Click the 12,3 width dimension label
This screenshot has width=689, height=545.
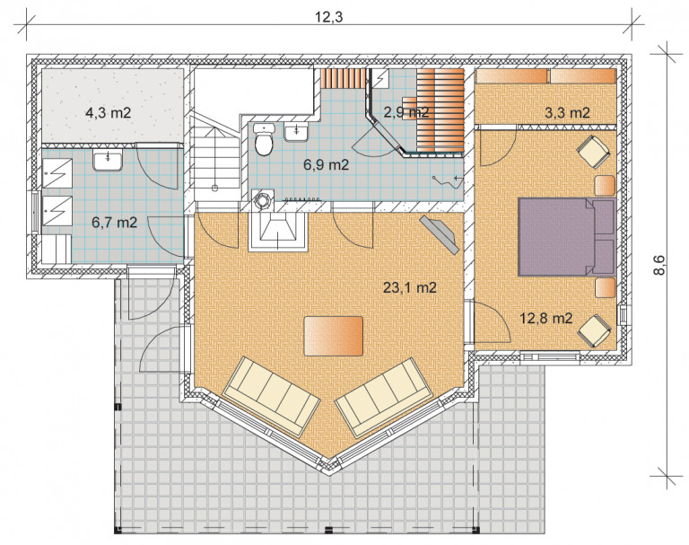(328, 17)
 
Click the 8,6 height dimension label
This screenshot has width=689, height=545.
(659, 265)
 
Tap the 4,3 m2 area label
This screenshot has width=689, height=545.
(108, 113)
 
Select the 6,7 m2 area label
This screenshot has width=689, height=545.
(114, 223)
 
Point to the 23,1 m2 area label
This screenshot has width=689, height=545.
(410, 287)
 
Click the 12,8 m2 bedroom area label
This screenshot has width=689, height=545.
(546, 318)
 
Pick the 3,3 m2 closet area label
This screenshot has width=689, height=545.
(567, 113)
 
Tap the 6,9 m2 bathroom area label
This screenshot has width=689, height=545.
(326, 165)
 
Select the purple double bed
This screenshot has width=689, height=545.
(567, 237)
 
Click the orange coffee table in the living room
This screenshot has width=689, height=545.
(334, 336)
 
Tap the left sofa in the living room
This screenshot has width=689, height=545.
(272, 396)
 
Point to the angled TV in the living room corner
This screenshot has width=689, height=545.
(440, 234)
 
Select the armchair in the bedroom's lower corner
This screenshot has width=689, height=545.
(594, 330)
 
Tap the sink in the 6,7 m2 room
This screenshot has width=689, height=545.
(108, 160)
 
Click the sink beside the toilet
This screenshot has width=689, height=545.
(297, 132)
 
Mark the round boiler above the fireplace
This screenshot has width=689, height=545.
(263, 200)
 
